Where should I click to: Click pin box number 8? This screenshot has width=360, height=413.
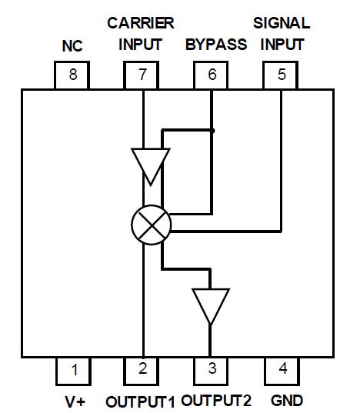(x=73, y=75)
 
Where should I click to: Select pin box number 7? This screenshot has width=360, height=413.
(x=142, y=75)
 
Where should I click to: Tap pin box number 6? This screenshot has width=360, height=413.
(x=212, y=75)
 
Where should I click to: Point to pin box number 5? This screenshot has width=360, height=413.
(x=281, y=75)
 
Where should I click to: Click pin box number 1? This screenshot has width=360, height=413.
(x=75, y=370)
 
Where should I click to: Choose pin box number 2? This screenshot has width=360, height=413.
(x=143, y=370)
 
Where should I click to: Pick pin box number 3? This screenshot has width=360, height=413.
(x=212, y=370)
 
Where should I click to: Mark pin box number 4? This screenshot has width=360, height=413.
(x=282, y=370)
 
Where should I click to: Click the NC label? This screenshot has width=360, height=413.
(x=72, y=47)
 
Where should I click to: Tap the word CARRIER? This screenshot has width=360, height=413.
(x=141, y=22)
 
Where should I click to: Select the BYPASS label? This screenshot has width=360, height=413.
(x=216, y=45)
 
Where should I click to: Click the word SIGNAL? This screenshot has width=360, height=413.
(x=282, y=22)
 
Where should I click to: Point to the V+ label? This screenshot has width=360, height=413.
(x=74, y=401)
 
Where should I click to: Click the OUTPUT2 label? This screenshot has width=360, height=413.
(x=216, y=401)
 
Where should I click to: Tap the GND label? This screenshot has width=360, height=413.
(x=288, y=401)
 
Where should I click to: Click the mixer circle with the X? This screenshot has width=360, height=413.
(x=151, y=225)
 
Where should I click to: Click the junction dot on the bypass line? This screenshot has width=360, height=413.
(x=212, y=131)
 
